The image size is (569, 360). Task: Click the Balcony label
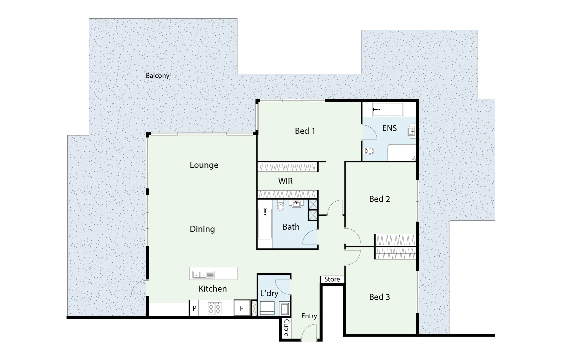click(x=157, y=76)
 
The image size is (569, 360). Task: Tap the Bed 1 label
click(x=305, y=131)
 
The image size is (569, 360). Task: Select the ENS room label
click(x=389, y=128)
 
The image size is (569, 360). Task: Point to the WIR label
click(x=286, y=181)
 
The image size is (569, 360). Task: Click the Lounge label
click(x=204, y=165)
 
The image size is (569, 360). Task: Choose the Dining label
click(x=202, y=229)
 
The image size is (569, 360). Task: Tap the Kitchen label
click(x=212, y=289)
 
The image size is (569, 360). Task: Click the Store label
click(x=332, y=279)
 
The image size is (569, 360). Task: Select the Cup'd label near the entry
click(x=286, y=328)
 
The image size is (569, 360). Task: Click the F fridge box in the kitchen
click(x=242, y=308)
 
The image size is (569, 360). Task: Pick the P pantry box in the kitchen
click(x=194, y=308)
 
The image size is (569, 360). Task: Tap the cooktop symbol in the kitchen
click(x=215, y=308)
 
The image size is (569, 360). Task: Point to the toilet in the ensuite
click(x=369, y=151)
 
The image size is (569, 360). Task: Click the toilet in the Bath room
click(x=280, y=206)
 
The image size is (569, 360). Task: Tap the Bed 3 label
click(x=379, y=297)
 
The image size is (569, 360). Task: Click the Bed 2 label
click(x=379, y=199)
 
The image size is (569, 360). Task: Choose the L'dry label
click(x=269, y=293)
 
